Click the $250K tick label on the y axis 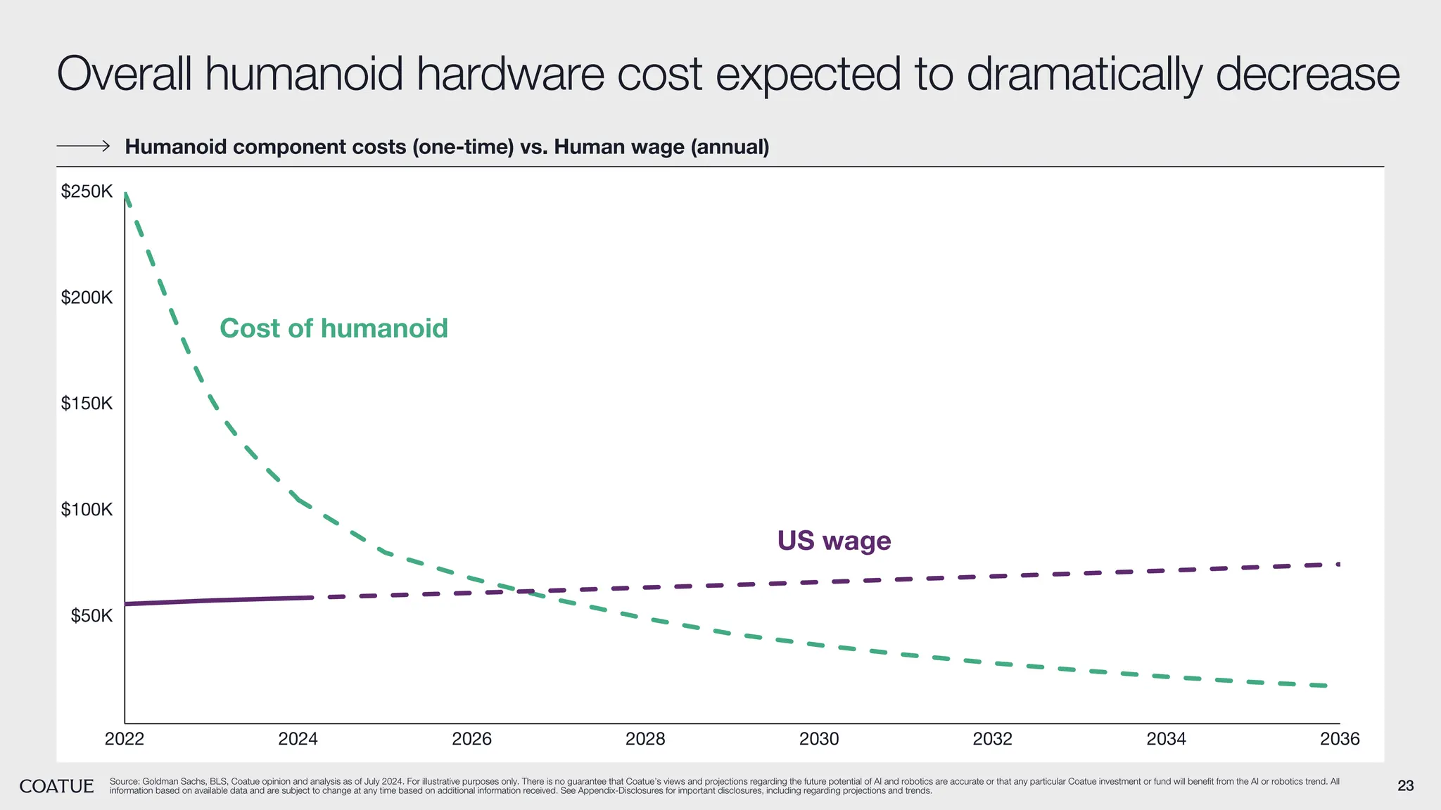pos(87,191)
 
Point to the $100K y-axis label pos(87,510)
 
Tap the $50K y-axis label pos(91,617)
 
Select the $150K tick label pos(87,404)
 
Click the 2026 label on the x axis pos(471,739)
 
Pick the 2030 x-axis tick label pos(819,739)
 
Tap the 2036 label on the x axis pos(1340,739)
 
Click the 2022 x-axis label pos(125,739)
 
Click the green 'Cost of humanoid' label pos(334,328)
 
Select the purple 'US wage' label pos(834,541)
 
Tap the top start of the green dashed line pos(126,193)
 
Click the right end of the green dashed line pos(1326,686)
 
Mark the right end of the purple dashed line pos(1337,564)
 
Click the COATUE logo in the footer pos(56,786)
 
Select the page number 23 pos(1405,786)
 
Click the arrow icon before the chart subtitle pos(83,146)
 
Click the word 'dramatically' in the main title pos(1084,74)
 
